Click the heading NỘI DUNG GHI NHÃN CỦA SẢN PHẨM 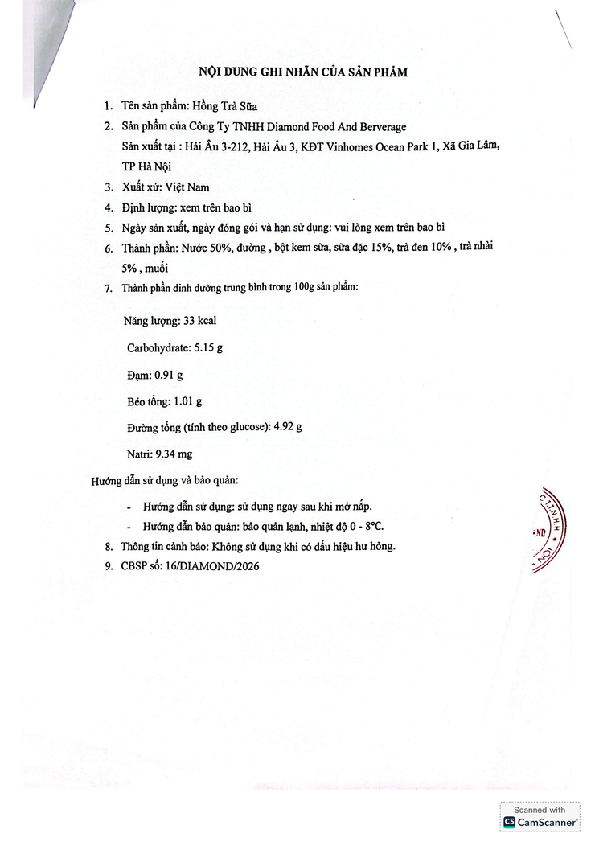click(x=303, y=72)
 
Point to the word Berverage click(x=379, y=127)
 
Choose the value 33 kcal click(x=200, y=321)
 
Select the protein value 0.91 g click(x=168, y=375)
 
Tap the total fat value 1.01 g click(x=187, y=401)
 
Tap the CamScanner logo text click(x=546, y=822)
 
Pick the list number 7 click(x=109, y=288)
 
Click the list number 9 click(x=109, y=566)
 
